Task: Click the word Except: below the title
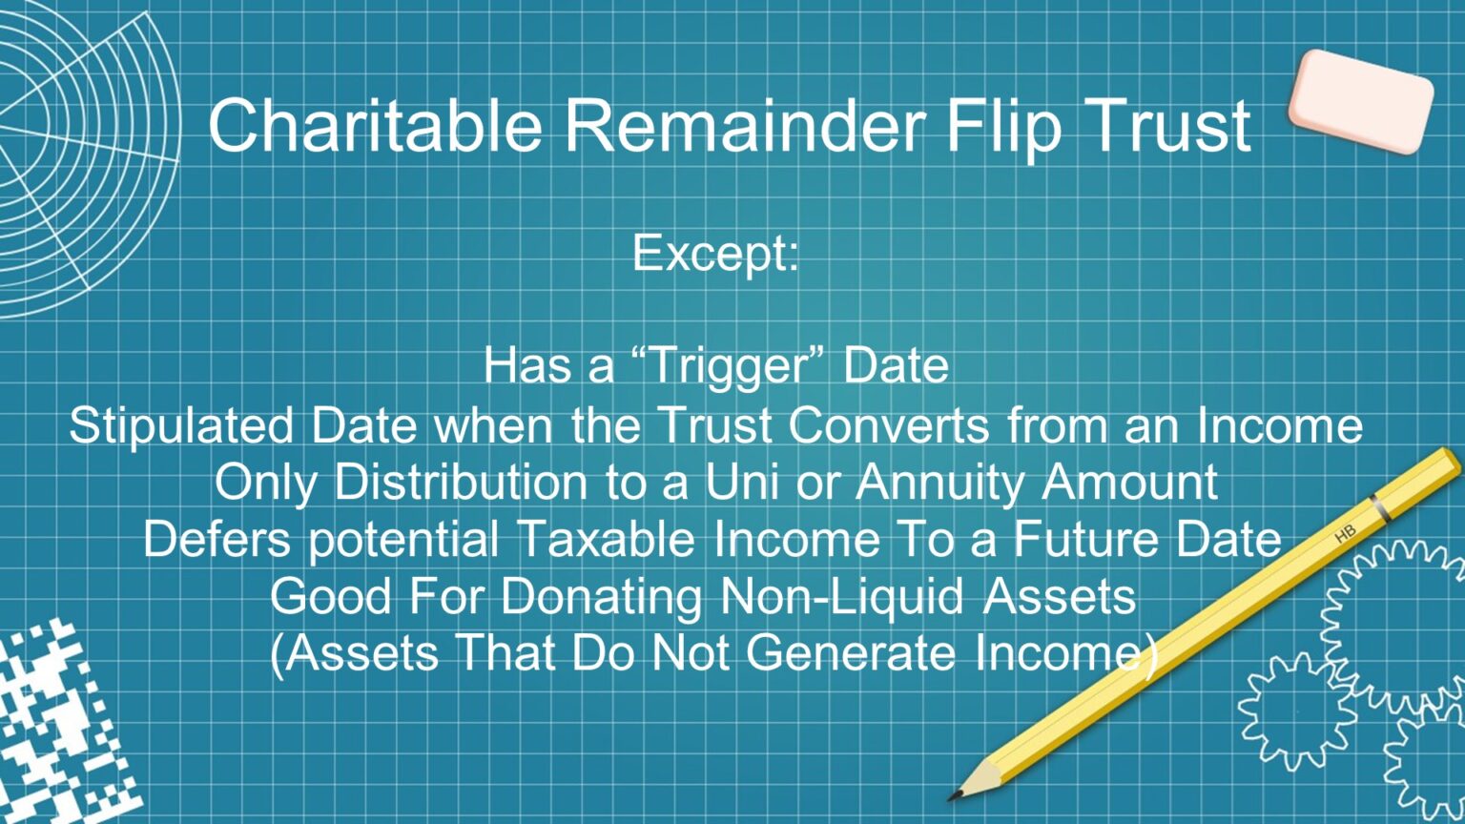point(715,253)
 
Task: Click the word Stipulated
point(181,425)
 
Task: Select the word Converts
point(888,425)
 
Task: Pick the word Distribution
point(462,482)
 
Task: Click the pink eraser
point(1361,101)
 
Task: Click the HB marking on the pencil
point(1345,534)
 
